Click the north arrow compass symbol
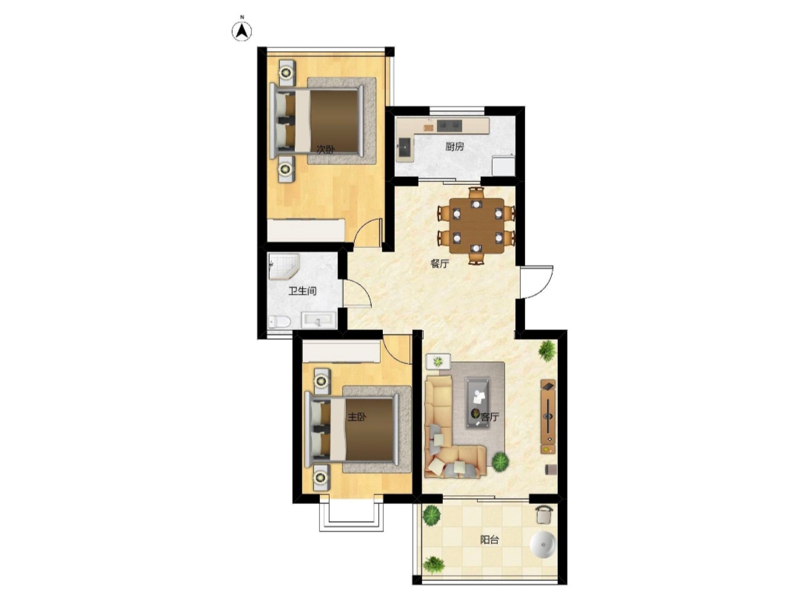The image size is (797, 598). click(242, 32)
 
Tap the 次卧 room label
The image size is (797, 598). click(326, 149)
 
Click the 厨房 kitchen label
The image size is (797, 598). click(455, 147)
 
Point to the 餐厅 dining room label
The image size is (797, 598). click(440, 263)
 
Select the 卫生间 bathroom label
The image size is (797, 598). click(302, 291)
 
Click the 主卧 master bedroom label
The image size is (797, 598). click(357, 417)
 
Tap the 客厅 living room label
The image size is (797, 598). click(490, 417)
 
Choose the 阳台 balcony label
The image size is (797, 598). click(490, 540)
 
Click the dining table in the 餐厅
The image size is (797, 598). click(477, 226)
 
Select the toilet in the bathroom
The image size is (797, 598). click(279, 322)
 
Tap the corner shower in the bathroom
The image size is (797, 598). click(284, 266)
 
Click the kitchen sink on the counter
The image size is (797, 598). click(405, 147)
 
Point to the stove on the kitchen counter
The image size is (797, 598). click(450, 124)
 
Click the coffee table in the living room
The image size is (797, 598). click(478, 403)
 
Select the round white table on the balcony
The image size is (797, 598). click(544, 545)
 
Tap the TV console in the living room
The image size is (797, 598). click(548, 416)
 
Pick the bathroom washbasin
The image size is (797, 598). click(319, 320)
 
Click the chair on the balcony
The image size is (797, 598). click(544, 514)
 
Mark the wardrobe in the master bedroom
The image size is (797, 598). click(341, 352)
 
